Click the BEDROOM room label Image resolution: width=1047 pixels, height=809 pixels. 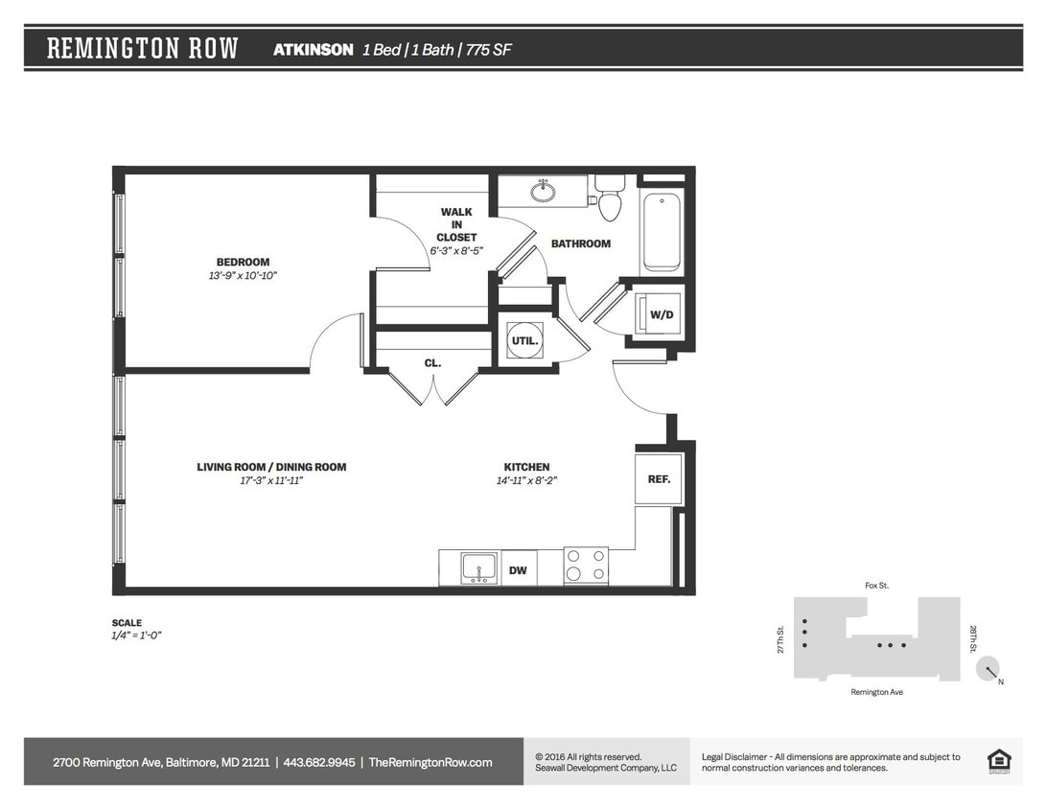243,262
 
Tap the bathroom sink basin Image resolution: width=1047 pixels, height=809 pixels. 543,191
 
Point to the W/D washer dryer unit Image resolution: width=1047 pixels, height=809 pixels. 661,314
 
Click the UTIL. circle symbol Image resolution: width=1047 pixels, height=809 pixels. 525,340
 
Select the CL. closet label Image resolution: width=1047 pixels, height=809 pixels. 432,363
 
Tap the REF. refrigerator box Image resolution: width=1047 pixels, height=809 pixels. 659,479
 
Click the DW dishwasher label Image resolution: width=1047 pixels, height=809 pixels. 518,570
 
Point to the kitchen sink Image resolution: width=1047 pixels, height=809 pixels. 478,567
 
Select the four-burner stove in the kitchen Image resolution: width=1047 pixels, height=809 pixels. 585,566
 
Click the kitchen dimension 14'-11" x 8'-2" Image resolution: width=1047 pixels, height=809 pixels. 526,481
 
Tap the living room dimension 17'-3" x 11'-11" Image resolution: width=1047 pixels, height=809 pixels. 271,481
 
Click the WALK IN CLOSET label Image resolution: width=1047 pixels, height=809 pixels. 456,224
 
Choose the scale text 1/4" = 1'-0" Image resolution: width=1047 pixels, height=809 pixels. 136,636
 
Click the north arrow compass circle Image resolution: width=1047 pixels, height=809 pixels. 988,669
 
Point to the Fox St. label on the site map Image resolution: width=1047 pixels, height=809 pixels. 875,585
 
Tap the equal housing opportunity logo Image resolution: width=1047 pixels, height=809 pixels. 999,760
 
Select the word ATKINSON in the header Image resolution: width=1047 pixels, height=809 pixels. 313,50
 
